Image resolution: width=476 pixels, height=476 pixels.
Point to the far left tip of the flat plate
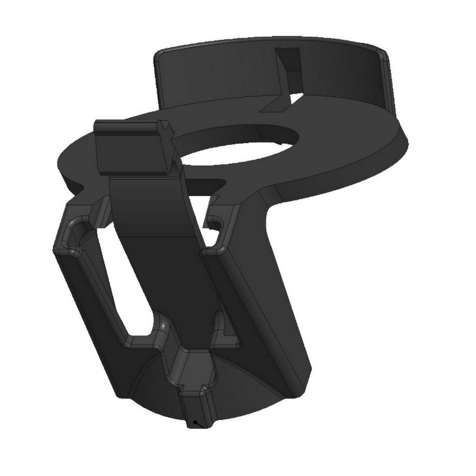(x=58, y=160)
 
